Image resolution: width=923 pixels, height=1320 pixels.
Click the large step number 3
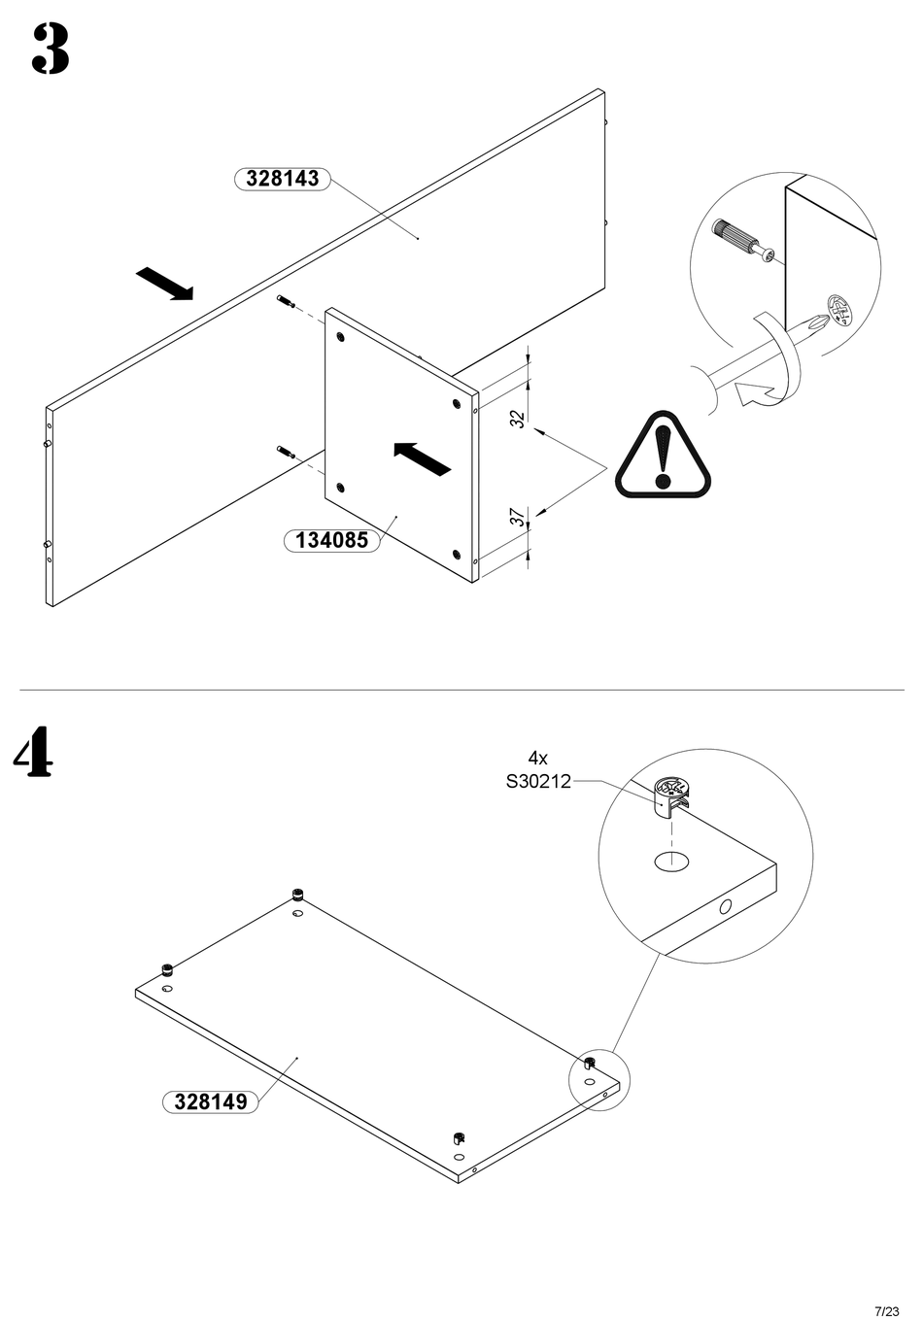51,50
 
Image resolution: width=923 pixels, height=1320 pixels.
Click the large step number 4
33,751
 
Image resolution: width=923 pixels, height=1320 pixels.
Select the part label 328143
283,178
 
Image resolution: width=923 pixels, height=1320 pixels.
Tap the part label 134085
331,540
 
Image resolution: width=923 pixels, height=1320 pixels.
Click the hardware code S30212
538,781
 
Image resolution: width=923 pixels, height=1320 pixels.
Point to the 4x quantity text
537,758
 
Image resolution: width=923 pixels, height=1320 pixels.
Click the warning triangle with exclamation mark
663,455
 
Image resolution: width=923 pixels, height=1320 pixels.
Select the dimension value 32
518,419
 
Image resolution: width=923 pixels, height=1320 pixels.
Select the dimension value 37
518,518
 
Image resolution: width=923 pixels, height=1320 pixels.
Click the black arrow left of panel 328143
164,284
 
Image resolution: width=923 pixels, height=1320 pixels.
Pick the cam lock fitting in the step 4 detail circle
670,796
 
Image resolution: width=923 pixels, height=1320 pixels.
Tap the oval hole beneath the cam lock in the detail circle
671,861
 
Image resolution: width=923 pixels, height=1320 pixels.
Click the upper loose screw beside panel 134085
286,301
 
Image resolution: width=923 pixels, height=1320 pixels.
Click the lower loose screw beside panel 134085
286,452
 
